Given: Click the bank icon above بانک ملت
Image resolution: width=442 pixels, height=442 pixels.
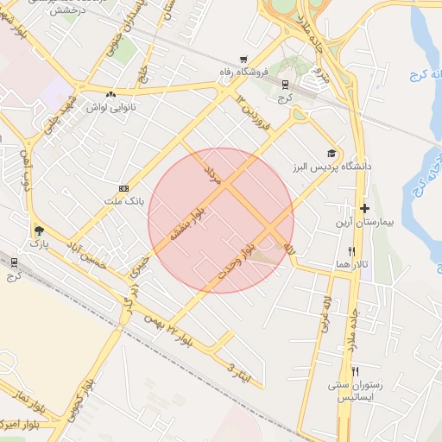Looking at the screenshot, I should pos(123,188).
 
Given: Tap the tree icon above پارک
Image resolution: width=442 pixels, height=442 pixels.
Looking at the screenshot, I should pos(37,231).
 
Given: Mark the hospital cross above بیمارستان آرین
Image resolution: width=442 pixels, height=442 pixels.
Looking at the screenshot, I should pos(364,208).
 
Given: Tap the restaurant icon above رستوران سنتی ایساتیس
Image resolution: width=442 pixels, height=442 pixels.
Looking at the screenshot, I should pos(355,370).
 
